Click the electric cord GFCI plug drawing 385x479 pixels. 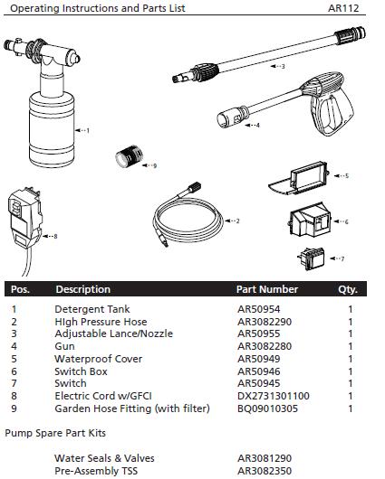25,217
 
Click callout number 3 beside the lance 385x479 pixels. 282,66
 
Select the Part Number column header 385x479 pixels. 266,290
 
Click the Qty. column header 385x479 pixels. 348,290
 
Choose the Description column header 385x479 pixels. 83,290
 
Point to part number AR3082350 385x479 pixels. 265,471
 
